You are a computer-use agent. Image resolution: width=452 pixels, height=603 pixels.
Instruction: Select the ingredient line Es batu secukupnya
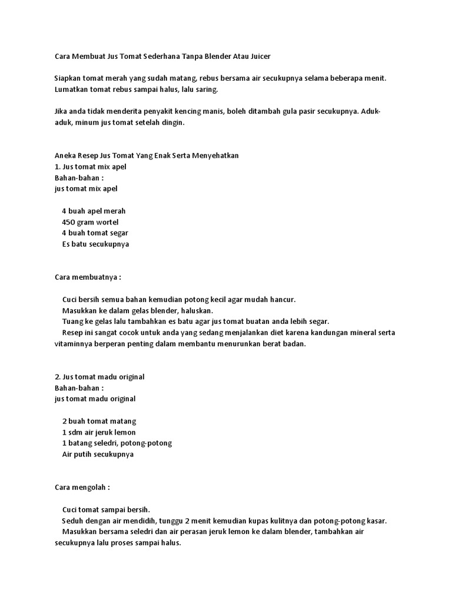pos(95,244)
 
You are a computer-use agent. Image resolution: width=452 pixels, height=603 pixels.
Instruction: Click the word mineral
pos(359,333)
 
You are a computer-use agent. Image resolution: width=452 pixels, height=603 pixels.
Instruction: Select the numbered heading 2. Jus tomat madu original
pos(99,377)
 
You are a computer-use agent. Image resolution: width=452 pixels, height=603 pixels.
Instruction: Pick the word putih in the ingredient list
pos(84,455)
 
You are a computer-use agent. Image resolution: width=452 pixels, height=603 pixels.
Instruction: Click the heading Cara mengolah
pos(82,488)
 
